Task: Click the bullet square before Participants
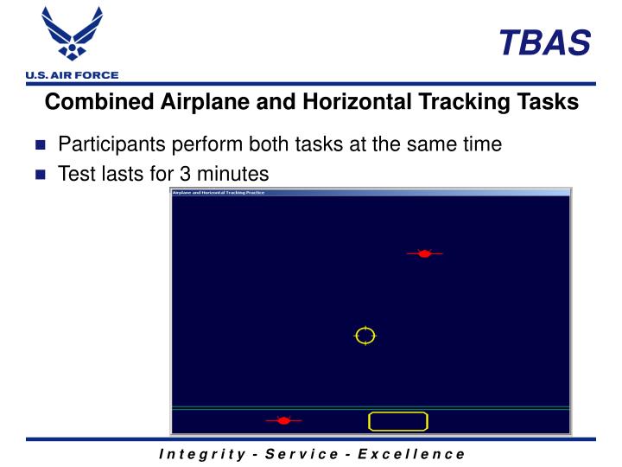pos(40,145)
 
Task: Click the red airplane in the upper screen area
pos(424,253)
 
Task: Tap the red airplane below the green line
pos(283,420)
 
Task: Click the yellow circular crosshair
pos(365,336)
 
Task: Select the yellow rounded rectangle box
pos(398,421)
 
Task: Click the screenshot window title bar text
pos(219,192)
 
